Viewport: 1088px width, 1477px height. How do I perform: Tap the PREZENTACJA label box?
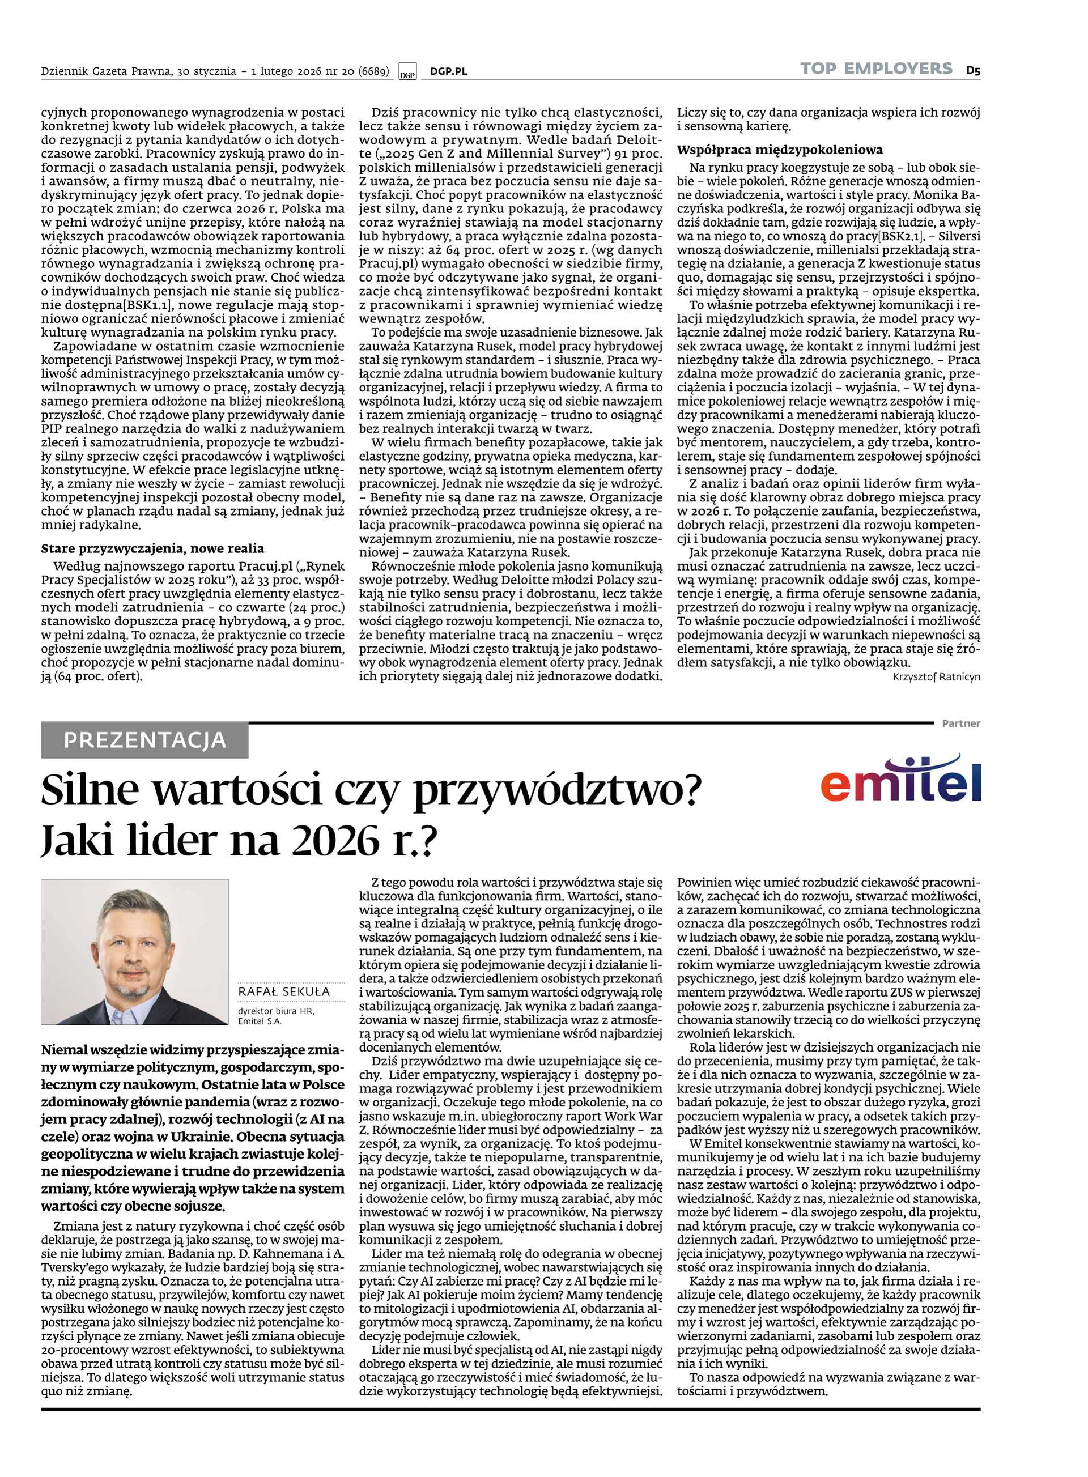144,740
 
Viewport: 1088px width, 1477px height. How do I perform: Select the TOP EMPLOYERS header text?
876,69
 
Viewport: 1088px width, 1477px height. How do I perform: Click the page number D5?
974,69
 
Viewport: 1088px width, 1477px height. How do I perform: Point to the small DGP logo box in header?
407,73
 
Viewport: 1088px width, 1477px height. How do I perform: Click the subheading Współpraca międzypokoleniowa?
780,150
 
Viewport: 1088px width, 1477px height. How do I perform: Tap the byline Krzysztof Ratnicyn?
937,677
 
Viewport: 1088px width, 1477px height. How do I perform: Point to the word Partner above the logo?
961,723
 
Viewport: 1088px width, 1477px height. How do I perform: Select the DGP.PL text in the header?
448,71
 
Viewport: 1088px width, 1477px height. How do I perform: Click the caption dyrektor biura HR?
276,1011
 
